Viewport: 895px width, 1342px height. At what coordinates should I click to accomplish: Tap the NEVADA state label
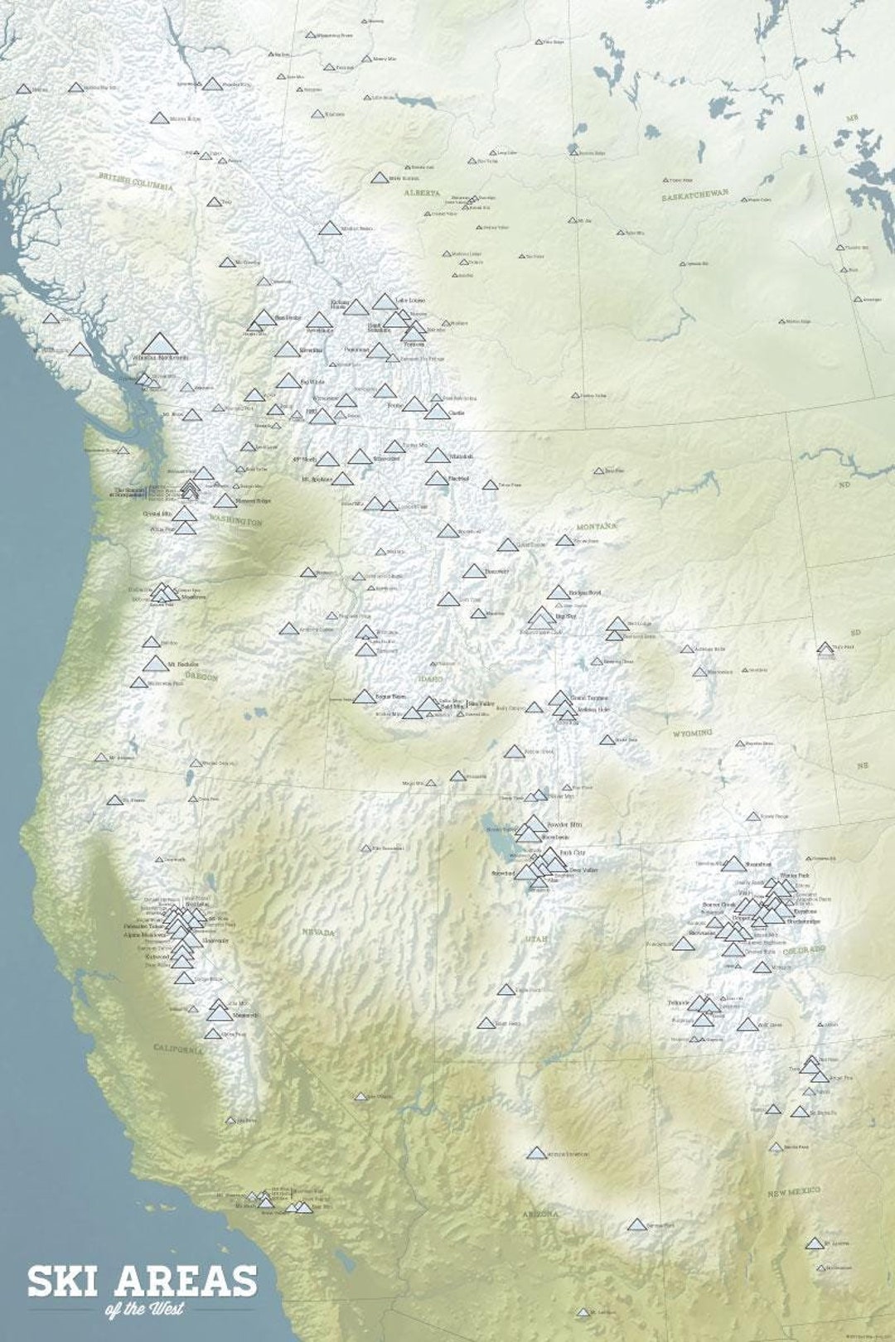[318, 933]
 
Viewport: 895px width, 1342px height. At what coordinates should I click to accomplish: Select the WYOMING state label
[692, 733]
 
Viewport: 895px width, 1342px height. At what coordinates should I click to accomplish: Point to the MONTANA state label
[597, 526]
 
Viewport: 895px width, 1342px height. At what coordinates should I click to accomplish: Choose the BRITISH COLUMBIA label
[136, 181]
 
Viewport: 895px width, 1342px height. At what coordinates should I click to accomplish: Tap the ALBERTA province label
[422, 192]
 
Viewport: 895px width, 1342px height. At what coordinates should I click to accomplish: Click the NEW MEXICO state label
[793, 1193]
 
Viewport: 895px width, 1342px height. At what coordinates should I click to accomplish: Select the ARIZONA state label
[540, 1214]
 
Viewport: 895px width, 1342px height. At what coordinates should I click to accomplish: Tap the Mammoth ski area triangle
[220, 1012]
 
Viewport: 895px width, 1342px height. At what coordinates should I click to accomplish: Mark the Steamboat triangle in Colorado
[733, 865]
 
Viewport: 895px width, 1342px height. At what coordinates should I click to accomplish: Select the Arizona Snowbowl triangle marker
[537, 1153]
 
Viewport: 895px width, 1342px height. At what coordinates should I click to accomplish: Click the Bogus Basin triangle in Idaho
[363, 697]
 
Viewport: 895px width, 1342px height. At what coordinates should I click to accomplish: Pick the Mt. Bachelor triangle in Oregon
[154, 664]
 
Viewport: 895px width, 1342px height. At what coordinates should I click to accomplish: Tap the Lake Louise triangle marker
[385, 301]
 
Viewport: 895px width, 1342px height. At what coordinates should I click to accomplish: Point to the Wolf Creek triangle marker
[747, 1025]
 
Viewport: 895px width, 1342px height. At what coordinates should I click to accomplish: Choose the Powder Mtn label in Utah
[565, 824]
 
